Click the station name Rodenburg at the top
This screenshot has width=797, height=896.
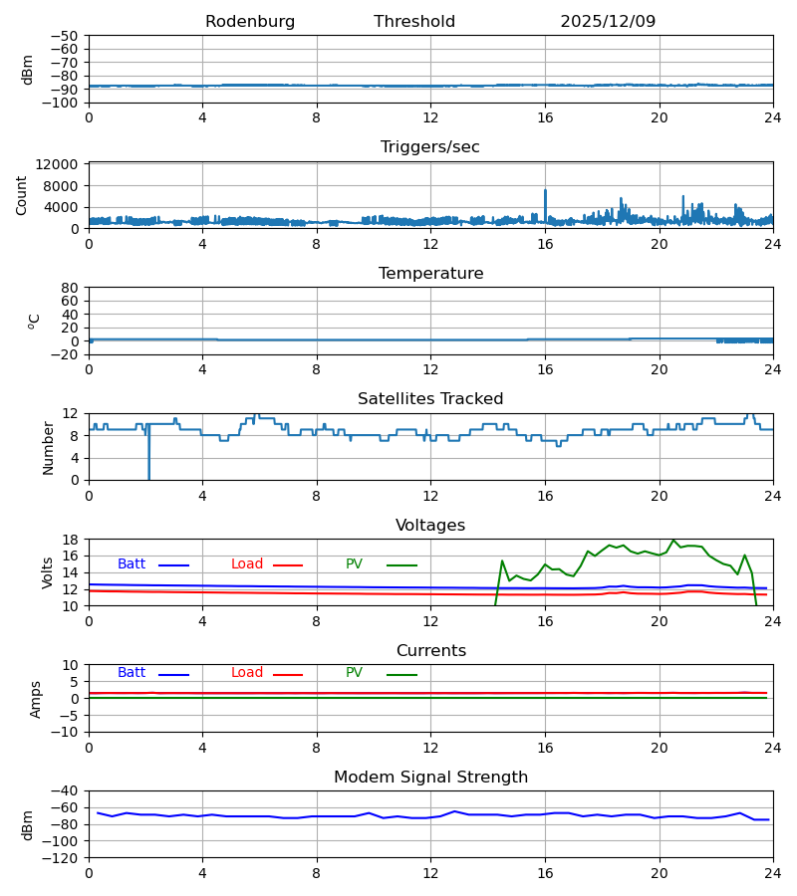[250, 22]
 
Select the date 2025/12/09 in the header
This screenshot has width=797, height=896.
[608, 22]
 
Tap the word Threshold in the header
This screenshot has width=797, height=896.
[414, 22]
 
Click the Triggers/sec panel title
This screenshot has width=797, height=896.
[430, 147]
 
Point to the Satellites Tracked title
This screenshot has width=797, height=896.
[430, 399]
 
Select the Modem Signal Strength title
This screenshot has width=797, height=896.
[430, 778]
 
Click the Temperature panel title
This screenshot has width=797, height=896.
[430, 274]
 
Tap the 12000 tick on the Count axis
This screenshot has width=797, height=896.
[62, 164]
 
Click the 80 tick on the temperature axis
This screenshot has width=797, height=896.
[70, 288]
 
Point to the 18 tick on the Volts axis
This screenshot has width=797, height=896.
[70, 540]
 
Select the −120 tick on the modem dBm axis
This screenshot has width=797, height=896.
[62, 857]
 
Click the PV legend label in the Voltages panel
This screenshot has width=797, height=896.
[354, 564]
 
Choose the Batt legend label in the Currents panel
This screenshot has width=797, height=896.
[132, 673]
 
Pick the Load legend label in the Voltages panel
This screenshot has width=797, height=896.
[247, 564]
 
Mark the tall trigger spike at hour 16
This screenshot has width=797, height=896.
[545, 191]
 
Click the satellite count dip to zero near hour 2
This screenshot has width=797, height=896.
[149, 476]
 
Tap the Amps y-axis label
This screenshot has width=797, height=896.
[37, 699]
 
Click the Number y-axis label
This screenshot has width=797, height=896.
[49, 447]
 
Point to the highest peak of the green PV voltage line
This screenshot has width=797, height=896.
[673, 541]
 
